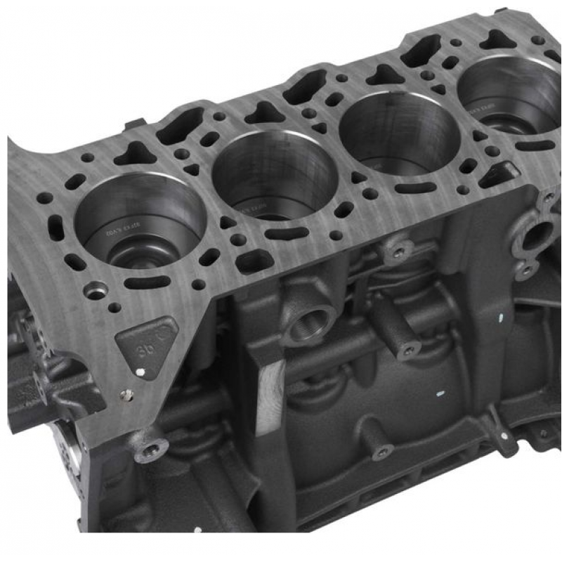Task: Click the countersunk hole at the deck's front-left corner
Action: coord(96,289)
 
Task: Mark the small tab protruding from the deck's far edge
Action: coord(131,125)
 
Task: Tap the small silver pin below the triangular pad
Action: coord(126,395)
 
